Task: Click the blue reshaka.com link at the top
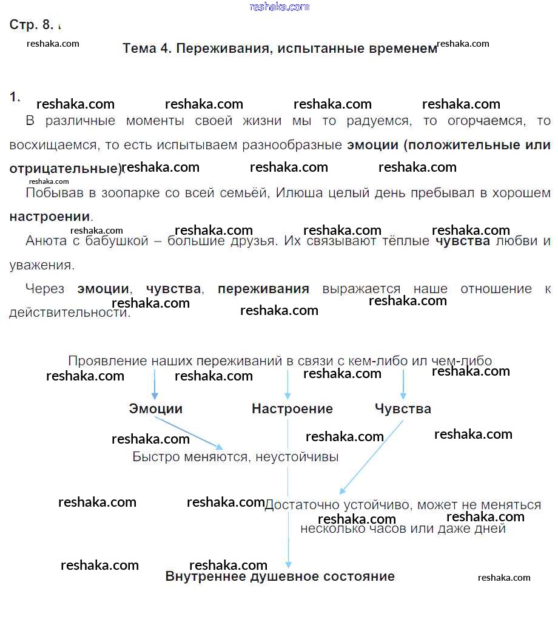click(x=279, y=7)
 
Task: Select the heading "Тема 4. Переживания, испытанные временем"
click(x=280, y=49)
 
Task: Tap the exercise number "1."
click(x=15, y=96)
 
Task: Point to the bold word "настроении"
click(x=50, y=217)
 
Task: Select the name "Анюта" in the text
click(x=44, y=241)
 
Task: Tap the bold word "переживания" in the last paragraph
click(x=263, y=289)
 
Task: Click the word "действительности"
click(x=69, y=313)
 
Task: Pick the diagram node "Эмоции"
click(x=155, y=409)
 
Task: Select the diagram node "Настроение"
click(x=292, y=409)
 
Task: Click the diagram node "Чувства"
click(x=403, y=409)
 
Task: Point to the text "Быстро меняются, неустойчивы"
click(x=235, y=456)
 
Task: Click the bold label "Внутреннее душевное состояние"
click(x=280, y=577)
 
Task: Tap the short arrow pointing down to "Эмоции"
click(x=155, y=384)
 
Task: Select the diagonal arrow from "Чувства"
click(x=372, y=457)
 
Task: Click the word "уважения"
click(x=42, y=265)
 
